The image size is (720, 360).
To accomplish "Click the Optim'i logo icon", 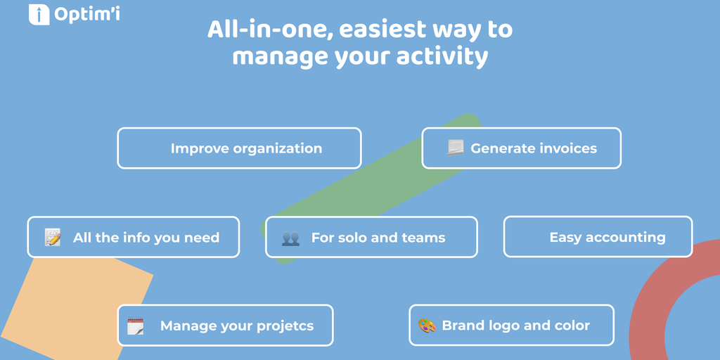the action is tap(39, 14).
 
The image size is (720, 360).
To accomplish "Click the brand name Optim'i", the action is tap(87, 14).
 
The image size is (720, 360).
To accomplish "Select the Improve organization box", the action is tap(239, 148).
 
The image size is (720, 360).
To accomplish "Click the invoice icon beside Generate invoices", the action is tap(456, 148).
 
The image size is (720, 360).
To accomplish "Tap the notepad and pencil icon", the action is tap(52, 237).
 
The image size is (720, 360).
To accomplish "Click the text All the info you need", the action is tap(146, 238).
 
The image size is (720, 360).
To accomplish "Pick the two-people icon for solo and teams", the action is tap(290, 238).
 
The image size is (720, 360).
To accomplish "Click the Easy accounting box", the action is tap(598, 237).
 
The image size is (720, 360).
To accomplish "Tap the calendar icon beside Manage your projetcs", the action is tap(136, 326).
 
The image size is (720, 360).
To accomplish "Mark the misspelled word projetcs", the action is tap(285, 326).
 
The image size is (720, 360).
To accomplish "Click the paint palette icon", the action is tap(427, 326).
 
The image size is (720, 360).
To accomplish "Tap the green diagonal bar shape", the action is tap(371, 188).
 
